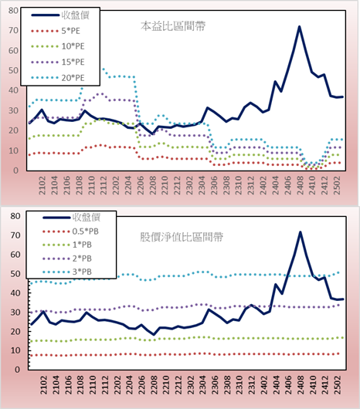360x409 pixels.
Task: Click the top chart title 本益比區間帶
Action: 173,26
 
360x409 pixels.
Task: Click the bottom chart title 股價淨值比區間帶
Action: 182,238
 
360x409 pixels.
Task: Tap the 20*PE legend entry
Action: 58,78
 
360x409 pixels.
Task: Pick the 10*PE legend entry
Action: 58,46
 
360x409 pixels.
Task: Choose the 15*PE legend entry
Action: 58,62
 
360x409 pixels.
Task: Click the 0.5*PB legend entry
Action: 70,232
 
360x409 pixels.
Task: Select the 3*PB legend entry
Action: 67,272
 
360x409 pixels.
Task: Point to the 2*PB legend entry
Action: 67,259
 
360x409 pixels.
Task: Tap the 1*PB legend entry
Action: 67,245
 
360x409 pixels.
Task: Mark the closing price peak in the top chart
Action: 300,26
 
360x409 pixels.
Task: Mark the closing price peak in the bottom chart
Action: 301,232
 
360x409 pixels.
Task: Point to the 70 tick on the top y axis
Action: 14,31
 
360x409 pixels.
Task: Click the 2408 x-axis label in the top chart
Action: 300,185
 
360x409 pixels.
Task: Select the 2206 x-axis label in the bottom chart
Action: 141,385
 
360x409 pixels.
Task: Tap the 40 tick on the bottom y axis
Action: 15,293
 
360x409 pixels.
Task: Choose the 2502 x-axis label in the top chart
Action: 337,185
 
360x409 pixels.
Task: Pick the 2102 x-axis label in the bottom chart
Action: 43,385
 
